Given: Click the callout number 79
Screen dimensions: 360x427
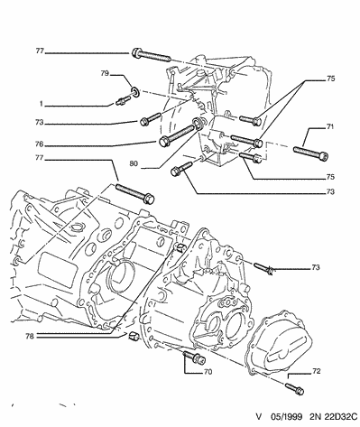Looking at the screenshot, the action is pos(105,73).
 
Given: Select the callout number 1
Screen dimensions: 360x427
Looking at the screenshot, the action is pos(41,104).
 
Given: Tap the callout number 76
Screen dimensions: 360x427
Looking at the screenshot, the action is pos(40,144).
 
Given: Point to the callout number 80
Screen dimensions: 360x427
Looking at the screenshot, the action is pos(134,163).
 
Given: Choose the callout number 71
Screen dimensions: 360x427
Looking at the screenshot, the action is pos(330,126).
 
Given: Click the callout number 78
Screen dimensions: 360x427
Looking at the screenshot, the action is pos(30,336).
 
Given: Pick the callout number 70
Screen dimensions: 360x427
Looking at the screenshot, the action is pos(208,372).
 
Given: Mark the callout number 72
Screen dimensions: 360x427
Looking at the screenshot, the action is pos(317,371).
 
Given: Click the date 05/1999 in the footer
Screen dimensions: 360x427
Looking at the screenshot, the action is pos(286,416).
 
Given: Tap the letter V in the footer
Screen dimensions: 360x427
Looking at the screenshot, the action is pos(259,416).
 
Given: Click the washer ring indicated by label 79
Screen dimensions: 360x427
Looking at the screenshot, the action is pos(135,92).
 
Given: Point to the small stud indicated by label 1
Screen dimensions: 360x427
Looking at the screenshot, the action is pos(123,99).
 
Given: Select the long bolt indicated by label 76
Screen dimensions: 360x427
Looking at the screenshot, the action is pos(178,135).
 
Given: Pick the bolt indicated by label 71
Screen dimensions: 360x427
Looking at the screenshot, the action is pos(310,153).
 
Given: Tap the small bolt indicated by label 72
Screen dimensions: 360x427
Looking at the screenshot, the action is pos(294,388).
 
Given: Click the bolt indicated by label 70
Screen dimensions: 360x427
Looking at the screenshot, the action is pos(194,357).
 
